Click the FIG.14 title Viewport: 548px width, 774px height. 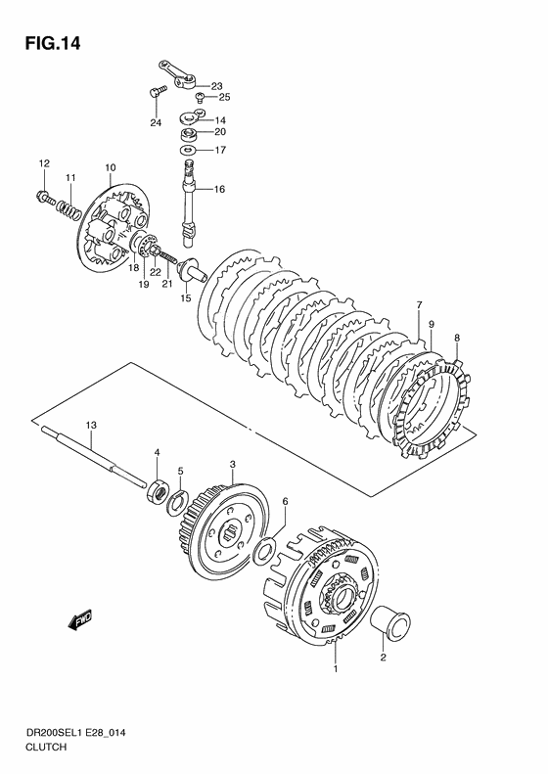(53, 44)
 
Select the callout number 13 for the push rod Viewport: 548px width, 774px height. (91, 425)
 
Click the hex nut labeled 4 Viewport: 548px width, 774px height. (157, 492)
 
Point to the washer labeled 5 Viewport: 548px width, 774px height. (176, 504)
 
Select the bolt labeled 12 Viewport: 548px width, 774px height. (45, 198)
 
